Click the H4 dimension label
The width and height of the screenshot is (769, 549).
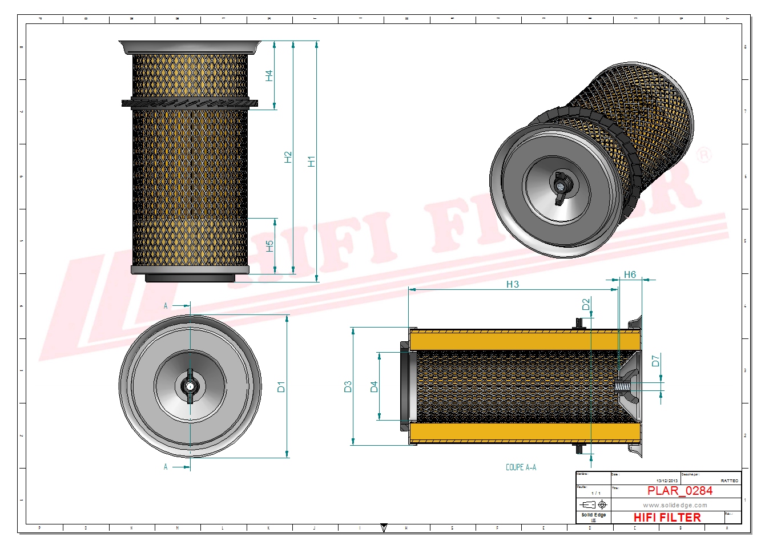tap(269, 75)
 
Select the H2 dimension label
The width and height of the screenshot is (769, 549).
tap(288, 157)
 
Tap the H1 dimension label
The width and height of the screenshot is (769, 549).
tap(311, 162)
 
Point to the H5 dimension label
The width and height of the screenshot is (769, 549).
tap(269, 246)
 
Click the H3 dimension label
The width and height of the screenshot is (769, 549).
tap(512, 284)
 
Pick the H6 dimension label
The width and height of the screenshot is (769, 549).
tap(630, 274)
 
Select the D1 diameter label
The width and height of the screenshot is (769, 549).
tap(281, 386)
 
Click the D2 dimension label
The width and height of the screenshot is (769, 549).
tap(586, 304)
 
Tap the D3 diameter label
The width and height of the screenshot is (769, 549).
tap(348, 386)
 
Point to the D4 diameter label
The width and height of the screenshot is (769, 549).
tap(374, 386)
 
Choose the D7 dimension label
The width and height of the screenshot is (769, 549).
tap(655, 361)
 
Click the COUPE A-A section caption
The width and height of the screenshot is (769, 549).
tap(521, 467)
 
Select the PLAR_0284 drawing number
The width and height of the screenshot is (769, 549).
tap(679, 491)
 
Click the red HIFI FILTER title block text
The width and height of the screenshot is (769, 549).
tap(667, 518)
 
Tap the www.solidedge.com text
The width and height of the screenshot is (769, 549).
tap(675, 505)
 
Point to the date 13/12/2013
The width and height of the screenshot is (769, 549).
tap(667, 481)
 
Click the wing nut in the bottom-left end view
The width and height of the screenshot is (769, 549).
tap(190, 387)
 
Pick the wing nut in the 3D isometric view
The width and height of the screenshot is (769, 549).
tap(560, 186)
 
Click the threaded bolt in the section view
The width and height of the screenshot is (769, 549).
tap(625, 386)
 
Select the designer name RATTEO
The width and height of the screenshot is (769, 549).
tap(729, 481)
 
